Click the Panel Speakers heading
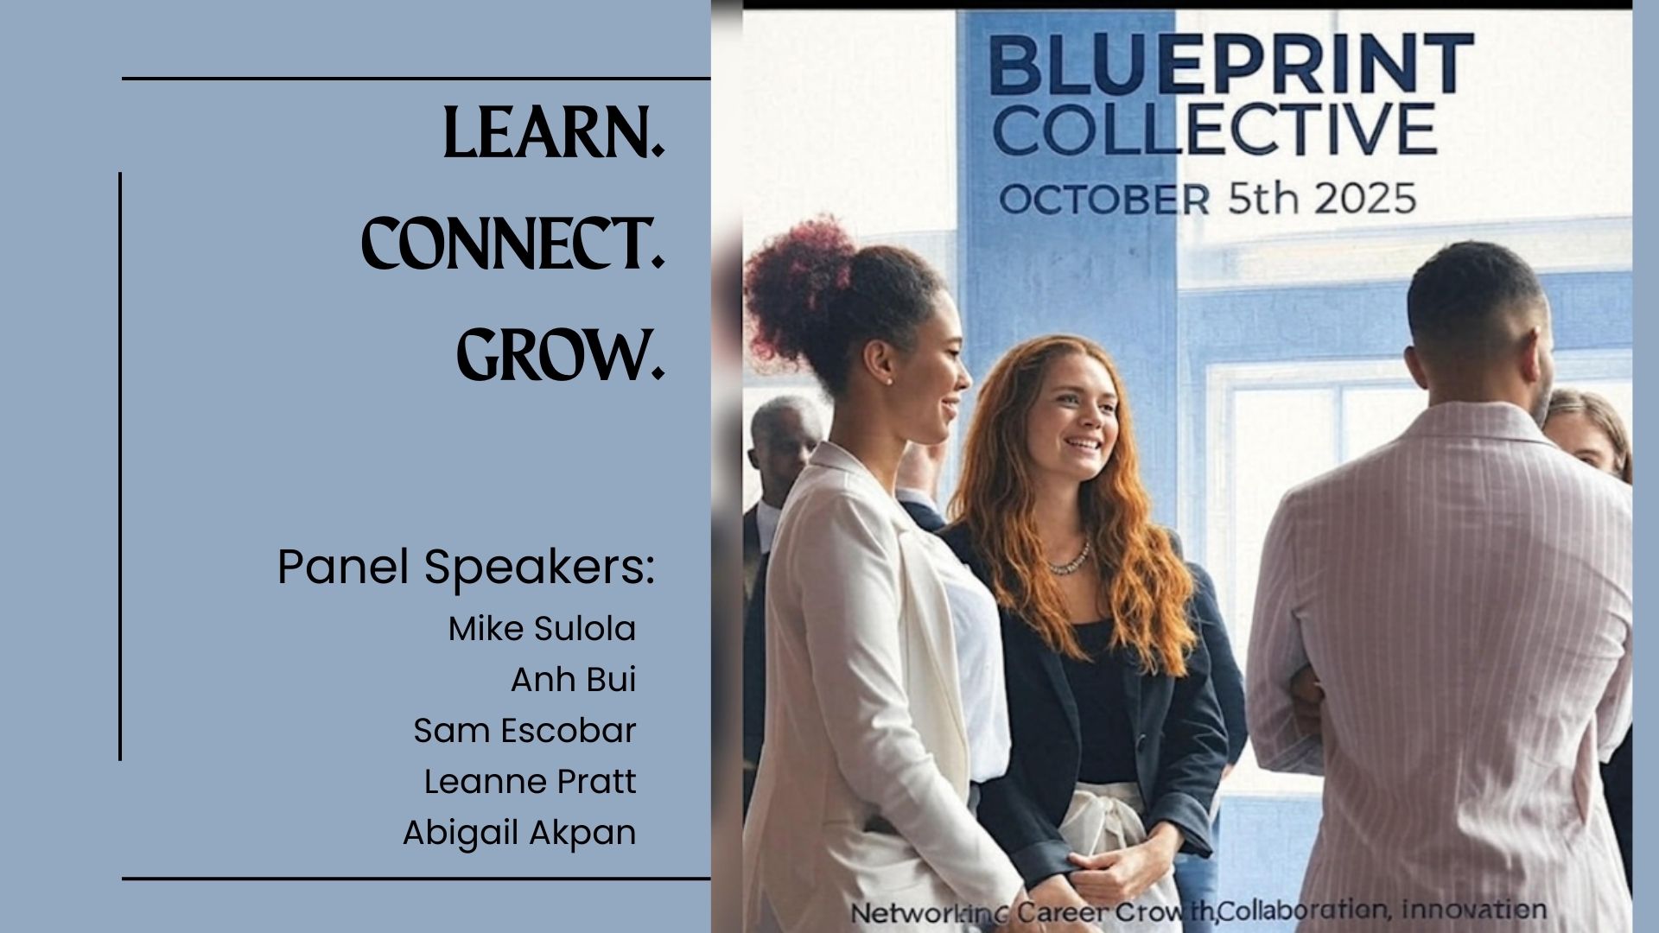point(466,568)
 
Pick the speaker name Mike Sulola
point(542,629)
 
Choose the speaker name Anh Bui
point(573,680)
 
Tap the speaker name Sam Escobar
point(524,731)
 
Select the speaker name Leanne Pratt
point(530,782)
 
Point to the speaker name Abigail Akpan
point(519,833)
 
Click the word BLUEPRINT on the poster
point(1230,65)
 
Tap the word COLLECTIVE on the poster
point(1213,130)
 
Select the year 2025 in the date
point(1365,199)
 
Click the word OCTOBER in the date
point(1103,200)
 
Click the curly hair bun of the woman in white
point(795,285)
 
